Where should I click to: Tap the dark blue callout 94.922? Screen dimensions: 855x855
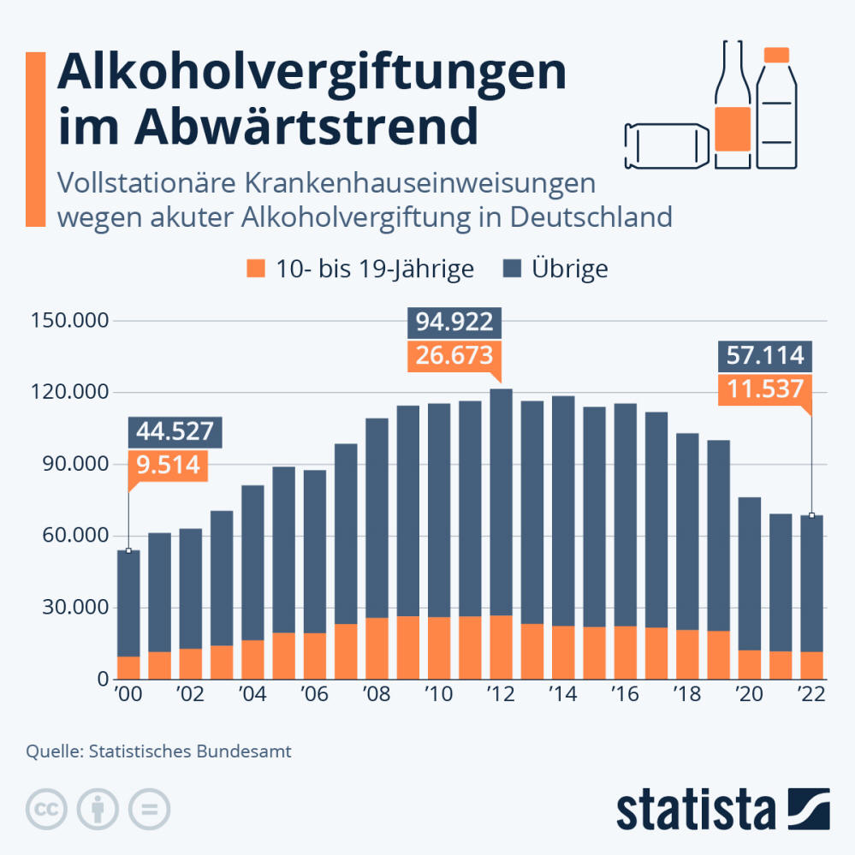pyautogui.click(x=454, y=322)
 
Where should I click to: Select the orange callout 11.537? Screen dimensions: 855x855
pyautogui.click(x=765, y=389)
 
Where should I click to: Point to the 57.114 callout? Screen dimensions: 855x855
pyautogui.click(x=765, y=354)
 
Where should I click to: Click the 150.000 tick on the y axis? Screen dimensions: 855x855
pyautogui.click(x=70, y=321)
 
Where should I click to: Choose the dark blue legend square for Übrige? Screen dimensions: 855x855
pyautogui.click(x=511, y=269)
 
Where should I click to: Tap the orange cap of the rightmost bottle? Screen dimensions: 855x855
pyautogui.click(x=776, y=55)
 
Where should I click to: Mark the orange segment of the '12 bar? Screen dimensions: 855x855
pyautogui.click(x=501, y=647)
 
